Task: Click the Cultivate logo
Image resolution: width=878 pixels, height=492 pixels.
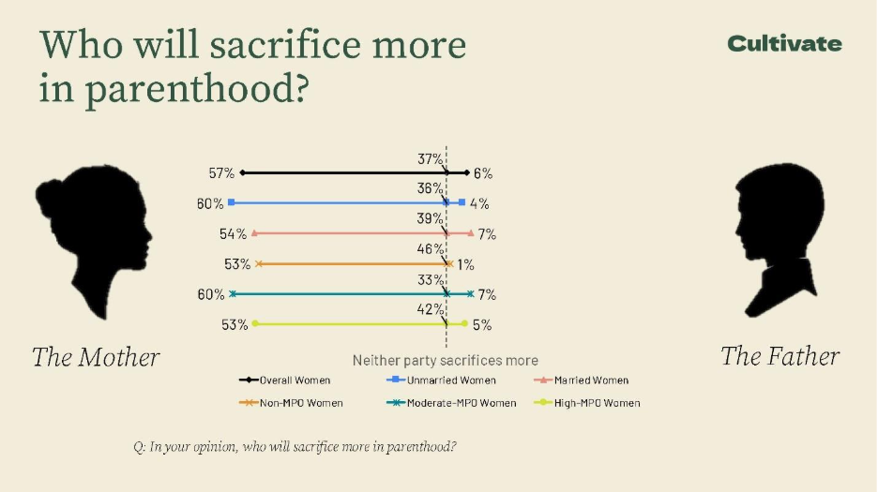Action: (784, 43)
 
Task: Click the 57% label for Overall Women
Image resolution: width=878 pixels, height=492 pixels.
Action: (221, 173)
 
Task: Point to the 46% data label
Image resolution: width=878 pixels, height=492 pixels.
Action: (430, 249)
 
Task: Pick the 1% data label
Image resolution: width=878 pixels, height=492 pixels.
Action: (466, 265)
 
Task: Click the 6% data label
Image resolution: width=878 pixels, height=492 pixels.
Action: (483, 173)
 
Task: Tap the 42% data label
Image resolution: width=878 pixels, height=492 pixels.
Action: (430, 309)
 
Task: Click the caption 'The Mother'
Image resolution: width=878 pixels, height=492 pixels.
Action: (96, 357)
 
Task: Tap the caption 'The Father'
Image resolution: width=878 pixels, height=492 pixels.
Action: (780, 356)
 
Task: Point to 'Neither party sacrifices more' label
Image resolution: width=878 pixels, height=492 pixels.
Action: (445, 360)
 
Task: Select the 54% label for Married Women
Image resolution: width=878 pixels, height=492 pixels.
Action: (234, 233)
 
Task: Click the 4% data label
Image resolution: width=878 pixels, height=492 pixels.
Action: (478, 203)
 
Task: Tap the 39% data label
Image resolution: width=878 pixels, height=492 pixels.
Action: (430, 218)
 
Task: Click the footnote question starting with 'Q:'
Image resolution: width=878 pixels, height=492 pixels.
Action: (295, 446)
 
